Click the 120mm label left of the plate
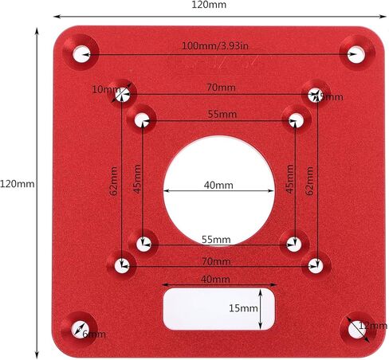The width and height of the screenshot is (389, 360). (17, 184)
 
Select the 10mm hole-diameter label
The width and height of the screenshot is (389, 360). (103, 89)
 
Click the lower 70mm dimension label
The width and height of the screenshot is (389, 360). (216, 260)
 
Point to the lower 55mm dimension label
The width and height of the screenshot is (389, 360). (216, 240)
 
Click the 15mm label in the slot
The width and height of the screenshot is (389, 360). (244, 307)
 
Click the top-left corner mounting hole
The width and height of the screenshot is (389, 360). (82, 54)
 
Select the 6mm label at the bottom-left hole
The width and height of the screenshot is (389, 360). (94, 334)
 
